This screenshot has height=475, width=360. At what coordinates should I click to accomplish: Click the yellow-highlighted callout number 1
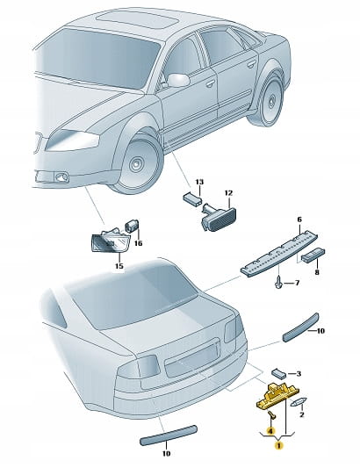[278, 445]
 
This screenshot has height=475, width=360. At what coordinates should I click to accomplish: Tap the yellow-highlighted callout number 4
[270, 430]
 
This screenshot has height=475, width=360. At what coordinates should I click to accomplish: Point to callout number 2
[301, 414]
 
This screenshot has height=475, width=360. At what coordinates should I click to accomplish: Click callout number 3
[299, 374]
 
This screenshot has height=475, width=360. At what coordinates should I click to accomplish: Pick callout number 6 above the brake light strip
[299, 220]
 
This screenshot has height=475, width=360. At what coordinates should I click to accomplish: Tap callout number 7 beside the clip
[297, 283]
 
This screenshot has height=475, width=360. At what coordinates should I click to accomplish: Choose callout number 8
[317, 272]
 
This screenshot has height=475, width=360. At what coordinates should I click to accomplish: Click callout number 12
[228, 192]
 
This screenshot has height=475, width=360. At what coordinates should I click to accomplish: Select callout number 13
[199, 182]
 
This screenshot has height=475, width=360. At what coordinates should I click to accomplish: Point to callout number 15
[119, 266]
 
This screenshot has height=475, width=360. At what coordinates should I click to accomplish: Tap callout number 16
[138, 243]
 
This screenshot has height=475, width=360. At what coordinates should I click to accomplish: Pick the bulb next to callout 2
[299, 402]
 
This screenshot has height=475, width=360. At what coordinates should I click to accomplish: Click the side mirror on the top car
[178, 80]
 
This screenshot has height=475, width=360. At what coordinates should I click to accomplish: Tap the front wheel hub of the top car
[135, 164]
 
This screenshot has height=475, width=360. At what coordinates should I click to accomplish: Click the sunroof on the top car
[138, 20]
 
